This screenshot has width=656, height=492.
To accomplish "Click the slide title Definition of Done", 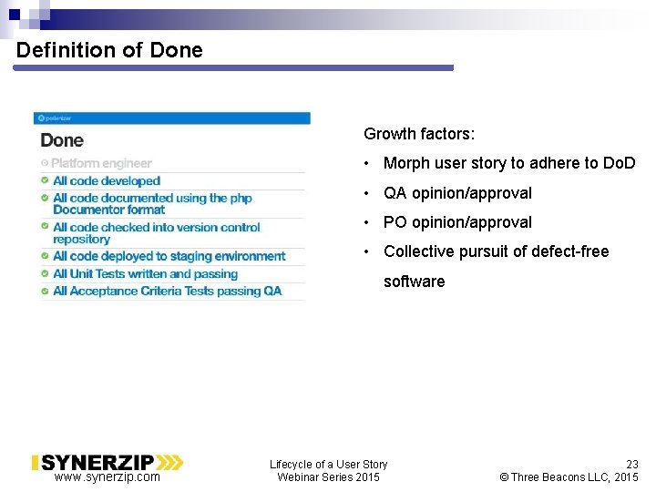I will click(x=109, y=50).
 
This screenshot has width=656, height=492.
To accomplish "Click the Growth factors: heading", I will click(x=419, y=134).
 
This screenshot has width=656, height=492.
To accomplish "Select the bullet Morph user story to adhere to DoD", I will click(x=508, y=163).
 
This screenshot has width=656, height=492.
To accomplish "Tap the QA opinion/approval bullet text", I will click(x=457, y=193).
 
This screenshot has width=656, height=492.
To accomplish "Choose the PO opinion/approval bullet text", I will click(x=457, y=222).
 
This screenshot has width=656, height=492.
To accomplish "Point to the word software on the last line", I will click(x=414, y=282).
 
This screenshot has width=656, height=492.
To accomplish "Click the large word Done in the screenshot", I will click(x=62, y=140).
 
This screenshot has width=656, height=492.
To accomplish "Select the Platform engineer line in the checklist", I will click(x=101, y=163).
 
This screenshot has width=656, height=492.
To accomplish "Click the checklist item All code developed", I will click(x=107, y=181).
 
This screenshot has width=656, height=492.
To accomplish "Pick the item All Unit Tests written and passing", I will click(x=145, y=273).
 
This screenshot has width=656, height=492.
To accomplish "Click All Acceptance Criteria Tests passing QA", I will click(x=167, y=292).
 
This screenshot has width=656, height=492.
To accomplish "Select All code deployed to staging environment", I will click(x=169, y=256).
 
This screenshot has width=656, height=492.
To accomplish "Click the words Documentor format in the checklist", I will click(x=108, y=210).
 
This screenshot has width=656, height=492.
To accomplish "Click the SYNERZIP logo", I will click(x=107, y=462).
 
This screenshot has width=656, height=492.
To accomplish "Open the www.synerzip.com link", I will click(x=107, y=477).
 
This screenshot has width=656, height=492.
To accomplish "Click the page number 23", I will click(x=631, y=464).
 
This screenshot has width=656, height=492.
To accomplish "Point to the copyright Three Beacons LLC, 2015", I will click(x=569, y=477).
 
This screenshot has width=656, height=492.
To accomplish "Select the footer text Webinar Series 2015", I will click(x=328, y=477).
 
